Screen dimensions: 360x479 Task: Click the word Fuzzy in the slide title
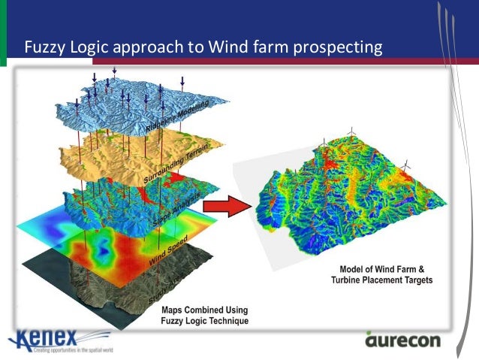44,47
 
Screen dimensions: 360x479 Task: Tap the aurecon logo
405,340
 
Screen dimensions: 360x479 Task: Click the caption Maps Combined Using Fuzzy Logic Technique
205,316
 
